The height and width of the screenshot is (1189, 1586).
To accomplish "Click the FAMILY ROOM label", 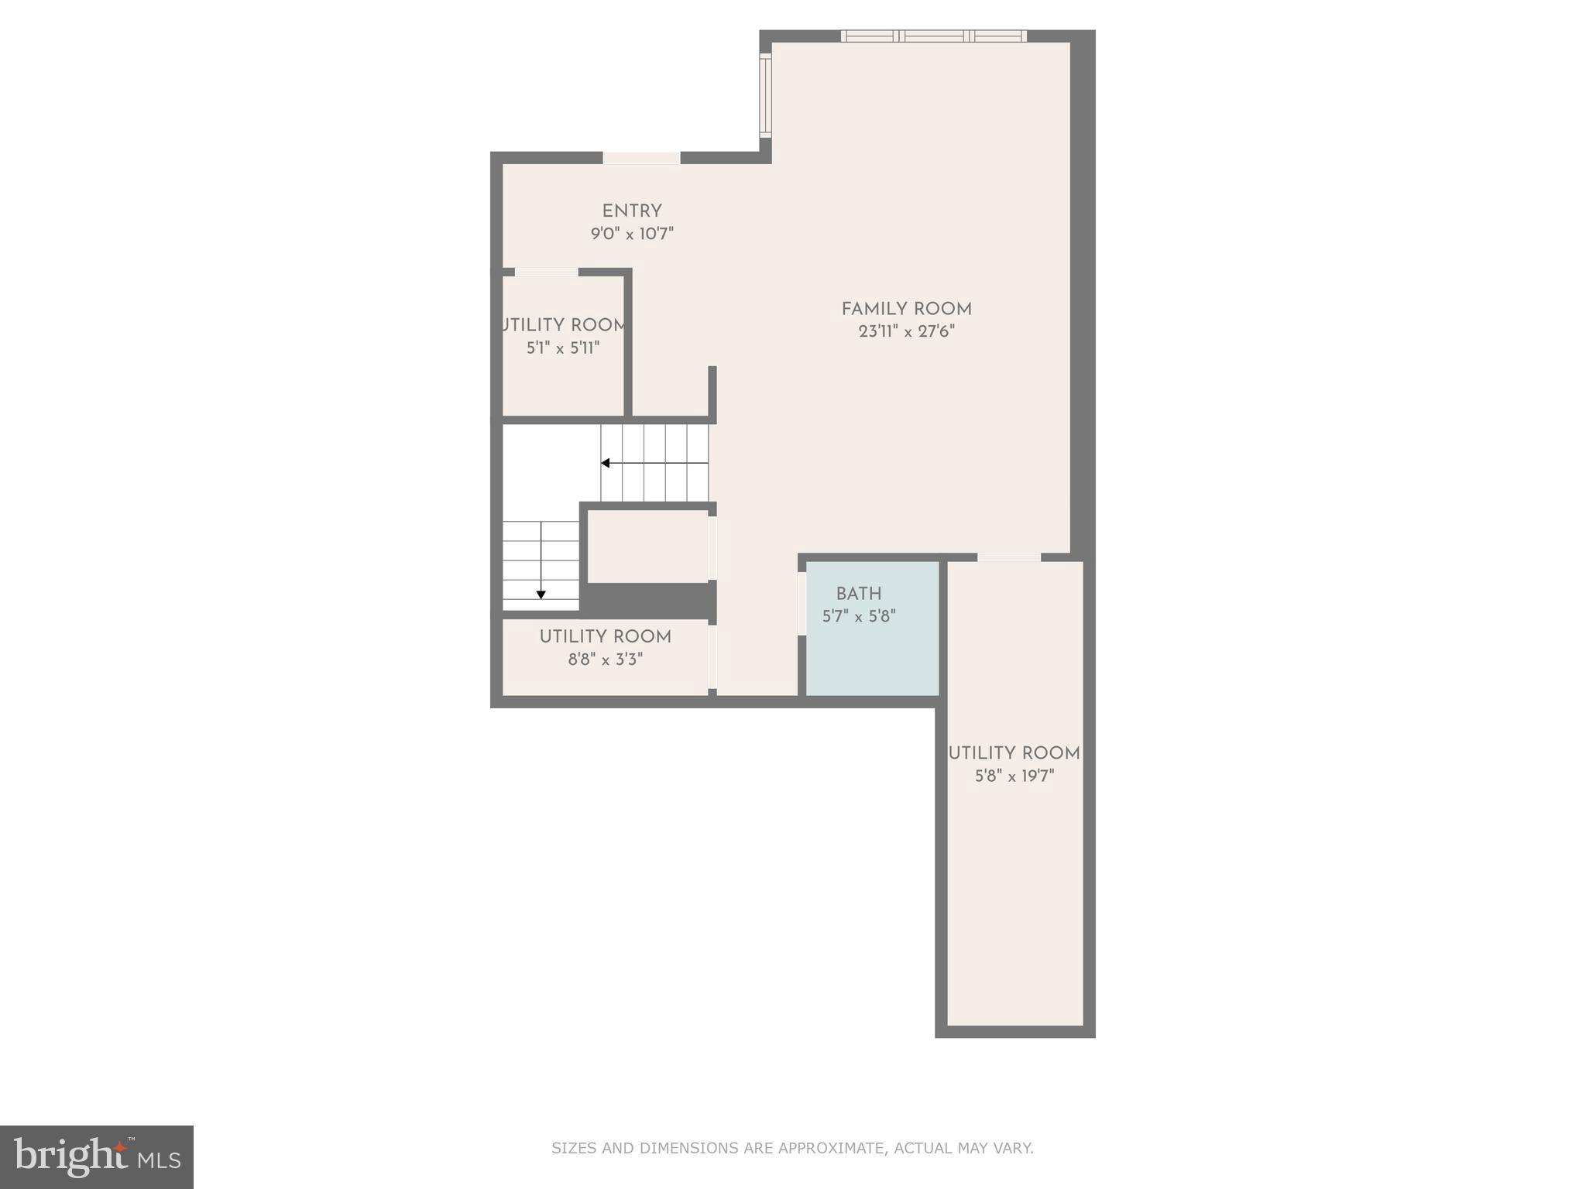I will click(906, 309).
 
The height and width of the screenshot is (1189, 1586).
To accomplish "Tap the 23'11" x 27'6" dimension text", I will click(906, 331).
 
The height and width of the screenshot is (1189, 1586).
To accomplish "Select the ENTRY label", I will click(632, 211).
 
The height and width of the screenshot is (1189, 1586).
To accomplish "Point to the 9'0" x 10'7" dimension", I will click(632, 234).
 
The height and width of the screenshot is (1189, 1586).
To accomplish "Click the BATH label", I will click(858, 594).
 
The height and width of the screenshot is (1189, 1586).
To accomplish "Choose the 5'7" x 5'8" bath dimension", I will click(858, 617).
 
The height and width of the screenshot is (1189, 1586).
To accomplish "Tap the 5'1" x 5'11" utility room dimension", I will click(563, 348).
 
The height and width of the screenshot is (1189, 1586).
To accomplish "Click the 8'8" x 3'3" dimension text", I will click(605, 660).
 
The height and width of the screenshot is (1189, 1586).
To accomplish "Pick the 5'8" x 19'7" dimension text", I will click(1014, 776).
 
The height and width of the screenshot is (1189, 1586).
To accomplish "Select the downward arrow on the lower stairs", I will click(541, 594).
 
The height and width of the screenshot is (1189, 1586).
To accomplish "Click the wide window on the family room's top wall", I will click(933, 36).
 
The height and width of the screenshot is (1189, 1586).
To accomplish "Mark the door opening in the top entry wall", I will click(641, 158).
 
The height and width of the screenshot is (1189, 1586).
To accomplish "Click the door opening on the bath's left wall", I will click(802, 603).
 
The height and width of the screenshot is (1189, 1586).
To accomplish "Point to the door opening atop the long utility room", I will click(1008, 557).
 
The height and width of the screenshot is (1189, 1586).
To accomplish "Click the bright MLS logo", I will click(97, 1156).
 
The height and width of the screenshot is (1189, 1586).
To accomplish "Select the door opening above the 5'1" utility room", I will click(546, 272).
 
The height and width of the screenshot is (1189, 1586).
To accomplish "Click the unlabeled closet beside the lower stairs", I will click(647, 546).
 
